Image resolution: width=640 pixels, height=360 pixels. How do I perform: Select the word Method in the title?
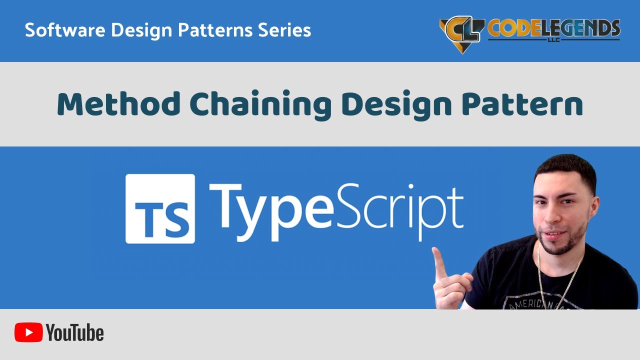click(x=118, y=104)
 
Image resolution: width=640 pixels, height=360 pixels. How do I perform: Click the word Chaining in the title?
click(x=260, y=104)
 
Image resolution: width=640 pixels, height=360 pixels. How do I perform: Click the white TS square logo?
click(x=160, y=208)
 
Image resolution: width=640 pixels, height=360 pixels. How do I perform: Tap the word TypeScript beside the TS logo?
click(x=336, y=210)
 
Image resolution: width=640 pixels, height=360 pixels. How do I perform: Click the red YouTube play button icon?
click(x=28, y=332)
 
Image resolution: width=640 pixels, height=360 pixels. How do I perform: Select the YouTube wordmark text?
click(x=75, y=332)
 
